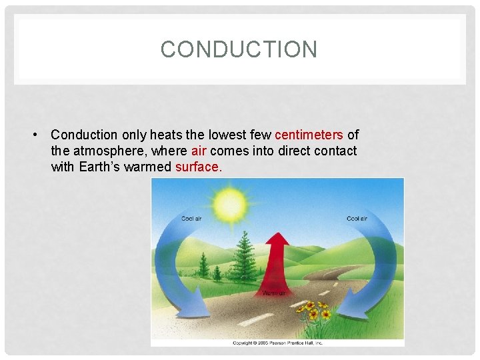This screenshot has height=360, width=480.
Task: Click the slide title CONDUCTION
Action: click(x=239, y=49)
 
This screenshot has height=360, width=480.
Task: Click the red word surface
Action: click(x=197, y=167)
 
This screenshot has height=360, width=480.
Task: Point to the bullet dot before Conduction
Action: click(x=33, y=135)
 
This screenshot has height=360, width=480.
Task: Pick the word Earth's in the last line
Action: click(x=100, y=167)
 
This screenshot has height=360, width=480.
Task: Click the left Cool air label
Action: click(x=192, y=219)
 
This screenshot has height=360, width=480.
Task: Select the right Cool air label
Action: click(x=357, y=219)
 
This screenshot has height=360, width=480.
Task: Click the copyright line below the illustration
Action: click(x=277, y=343)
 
